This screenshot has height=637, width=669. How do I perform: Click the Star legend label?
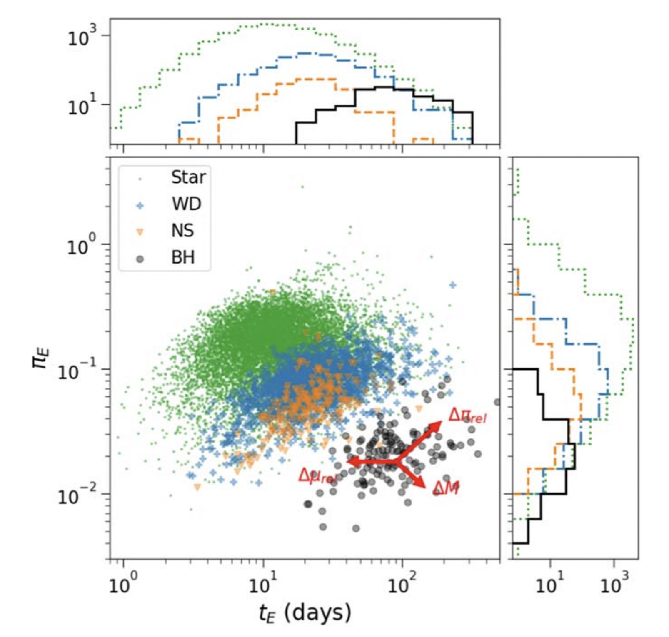[x=188, y=177]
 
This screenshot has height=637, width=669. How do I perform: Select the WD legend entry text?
[x=186, y=204]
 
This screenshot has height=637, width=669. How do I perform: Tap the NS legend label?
[x=182, y=231]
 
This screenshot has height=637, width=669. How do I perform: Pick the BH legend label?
[x=183, y=258]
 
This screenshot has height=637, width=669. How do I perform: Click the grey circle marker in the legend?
[x=140, y=259]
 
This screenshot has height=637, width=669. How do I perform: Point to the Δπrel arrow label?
[x=467, y=416]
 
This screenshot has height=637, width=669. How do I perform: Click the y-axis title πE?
[x=41, y=358]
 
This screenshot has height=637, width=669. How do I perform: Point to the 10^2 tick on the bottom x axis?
[x=402, y=585]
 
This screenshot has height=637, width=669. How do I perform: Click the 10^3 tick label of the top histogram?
[x=82, y=37]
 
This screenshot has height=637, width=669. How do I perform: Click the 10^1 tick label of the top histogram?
[x=82, y=105]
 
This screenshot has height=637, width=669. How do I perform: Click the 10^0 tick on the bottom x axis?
[x=123, y=585]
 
